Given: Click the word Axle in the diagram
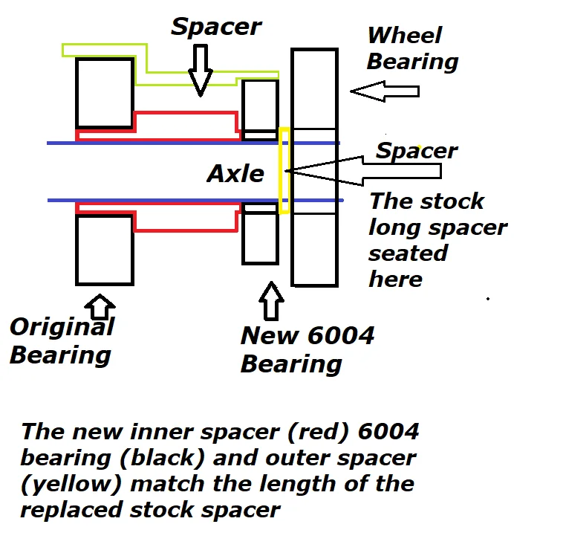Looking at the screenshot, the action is click(235, 174).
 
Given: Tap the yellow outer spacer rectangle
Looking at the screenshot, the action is click(280, 171).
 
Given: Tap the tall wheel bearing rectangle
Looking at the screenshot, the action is click(293, 167).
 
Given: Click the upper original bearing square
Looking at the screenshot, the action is click(77, 93).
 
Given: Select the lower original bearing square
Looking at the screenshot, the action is click(77, 250).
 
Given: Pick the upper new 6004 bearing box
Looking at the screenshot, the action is click(243, 110).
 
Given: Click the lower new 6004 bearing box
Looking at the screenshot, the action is click(243, 233).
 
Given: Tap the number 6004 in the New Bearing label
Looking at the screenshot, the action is click(341, 335).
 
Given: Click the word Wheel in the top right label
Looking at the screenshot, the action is click(405, 35).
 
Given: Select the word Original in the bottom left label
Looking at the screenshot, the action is click(62, 327).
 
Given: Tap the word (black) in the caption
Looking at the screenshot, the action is click(163, 458).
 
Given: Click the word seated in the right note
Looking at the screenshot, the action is click(409, 253).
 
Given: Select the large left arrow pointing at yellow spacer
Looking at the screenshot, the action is click(362, 171).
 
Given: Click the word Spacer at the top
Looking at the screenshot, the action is click(216, 27).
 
